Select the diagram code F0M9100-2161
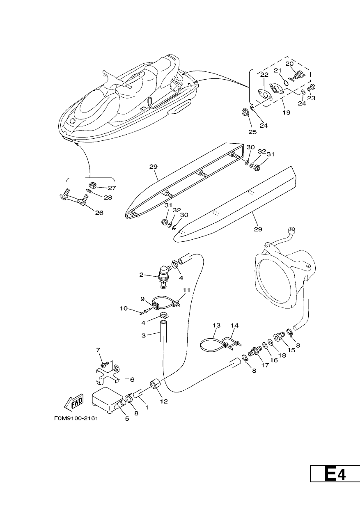pyautogui.click(x=76, y=418)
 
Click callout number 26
pyautogui.click(x=99, y=213)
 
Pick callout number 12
pyautogui.click(x=164, y=401)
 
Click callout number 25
pyautogui.click(x=252, y=132)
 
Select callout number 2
pyautogui.click(x=141, y=275)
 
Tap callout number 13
pyautogui.click(x=217, y=326)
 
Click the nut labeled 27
pyautogui.click(x=92, y=186)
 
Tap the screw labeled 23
pyautogui.click(x=312, y=87)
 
